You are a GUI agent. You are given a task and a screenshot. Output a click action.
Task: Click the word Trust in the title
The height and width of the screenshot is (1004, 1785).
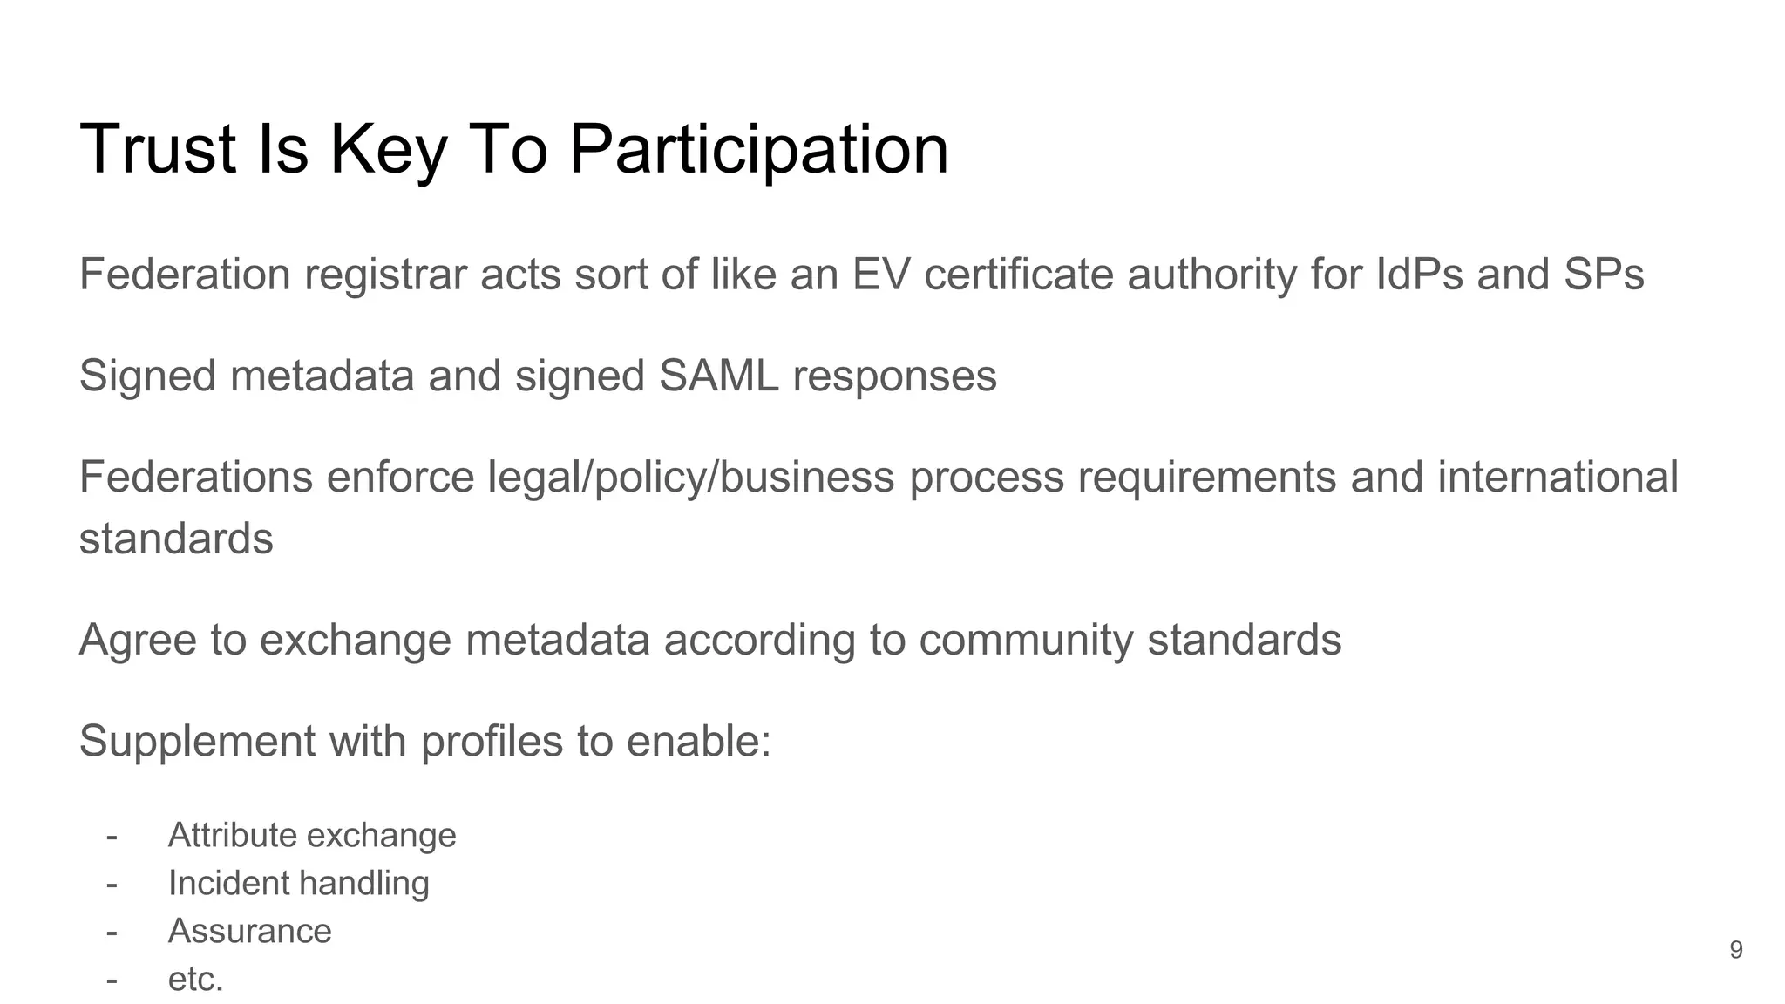click(157, 150)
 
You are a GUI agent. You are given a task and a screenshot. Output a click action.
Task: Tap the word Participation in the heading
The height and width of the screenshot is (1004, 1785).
click(758, 150)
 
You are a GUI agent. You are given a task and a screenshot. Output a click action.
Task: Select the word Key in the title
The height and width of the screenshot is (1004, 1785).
click(388, 150)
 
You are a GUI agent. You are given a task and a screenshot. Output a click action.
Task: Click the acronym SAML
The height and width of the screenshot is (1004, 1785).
click(718, 376)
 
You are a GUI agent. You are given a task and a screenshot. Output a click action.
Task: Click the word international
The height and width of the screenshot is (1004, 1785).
click(1558, 478)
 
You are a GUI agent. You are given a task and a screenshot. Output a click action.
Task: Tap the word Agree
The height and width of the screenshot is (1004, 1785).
click(138, 640)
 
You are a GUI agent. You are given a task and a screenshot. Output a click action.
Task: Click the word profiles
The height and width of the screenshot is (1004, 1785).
click(492, 742)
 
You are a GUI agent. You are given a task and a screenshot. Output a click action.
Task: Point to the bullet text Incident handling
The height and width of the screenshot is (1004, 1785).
click(298, 883)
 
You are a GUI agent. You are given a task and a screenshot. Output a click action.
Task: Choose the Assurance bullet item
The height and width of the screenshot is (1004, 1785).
click(249, 931)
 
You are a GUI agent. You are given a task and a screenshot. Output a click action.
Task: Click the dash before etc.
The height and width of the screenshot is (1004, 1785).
click(112, 980)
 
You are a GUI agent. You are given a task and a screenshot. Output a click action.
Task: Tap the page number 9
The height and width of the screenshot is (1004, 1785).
click(1735, 950)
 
